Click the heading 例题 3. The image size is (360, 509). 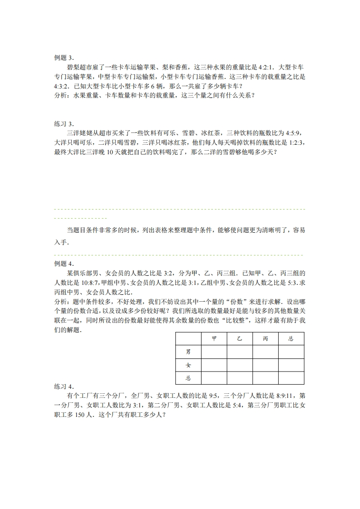(64, 58)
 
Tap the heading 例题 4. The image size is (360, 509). (64, 264)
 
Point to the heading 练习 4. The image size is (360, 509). (64, 387)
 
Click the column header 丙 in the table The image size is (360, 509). (265, 338)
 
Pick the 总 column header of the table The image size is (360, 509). (291, 338)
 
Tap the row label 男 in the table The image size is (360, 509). (188, 352)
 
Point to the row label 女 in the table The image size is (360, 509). (188, 365)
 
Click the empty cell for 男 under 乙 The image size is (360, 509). (240, 352)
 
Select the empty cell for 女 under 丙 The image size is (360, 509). (265, 365)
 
